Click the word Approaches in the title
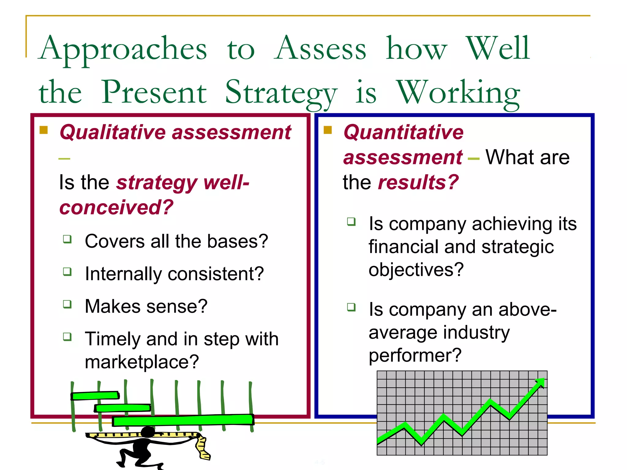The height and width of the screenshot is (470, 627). (x=123, y=49)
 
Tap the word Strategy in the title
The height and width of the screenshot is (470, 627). (x=281, y=92)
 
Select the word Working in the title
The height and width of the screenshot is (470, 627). (x=458, y=92)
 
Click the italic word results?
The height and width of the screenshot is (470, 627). (x=418, y=182)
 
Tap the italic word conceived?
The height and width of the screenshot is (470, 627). (x=116, y=207)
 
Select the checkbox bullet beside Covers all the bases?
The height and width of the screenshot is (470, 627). (x=67, y=239)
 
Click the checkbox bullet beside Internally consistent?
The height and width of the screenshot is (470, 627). (x=67, y=271)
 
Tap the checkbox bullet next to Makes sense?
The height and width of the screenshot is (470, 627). (x=67, y=304)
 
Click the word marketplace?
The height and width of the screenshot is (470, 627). (x=142, y=362)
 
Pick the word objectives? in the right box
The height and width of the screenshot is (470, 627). (x=416, y=270)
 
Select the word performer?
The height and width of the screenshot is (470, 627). (x=415, y=356)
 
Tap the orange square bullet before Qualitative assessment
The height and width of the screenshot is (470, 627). (x=44, y=130)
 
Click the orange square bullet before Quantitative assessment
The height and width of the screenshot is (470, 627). (x=328, y=130)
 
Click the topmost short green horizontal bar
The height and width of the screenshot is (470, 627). (x=95, y=396)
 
